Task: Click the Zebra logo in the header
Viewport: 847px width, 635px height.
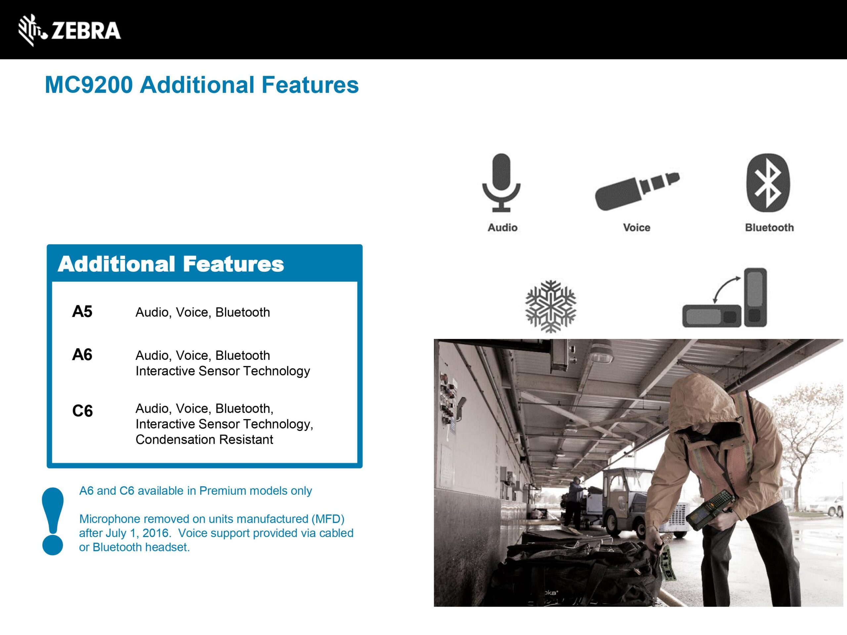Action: [x=70, y=30]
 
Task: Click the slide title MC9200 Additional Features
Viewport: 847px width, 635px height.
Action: [x=202, y=85]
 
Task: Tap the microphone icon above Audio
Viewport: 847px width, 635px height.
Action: [x=501, y=183]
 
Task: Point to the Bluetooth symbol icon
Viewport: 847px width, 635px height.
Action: [x=769, y=183]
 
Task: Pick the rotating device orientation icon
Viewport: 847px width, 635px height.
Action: [x=725, y=298]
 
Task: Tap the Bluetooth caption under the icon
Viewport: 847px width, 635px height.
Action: [x=769, y=228]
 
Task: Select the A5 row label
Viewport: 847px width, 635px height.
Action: [x=82, y=312]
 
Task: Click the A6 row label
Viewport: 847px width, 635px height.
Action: [x=82, y=355]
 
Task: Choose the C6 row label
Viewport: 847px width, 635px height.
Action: [x=82, y=411]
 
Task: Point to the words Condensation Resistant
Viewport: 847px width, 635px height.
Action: [x=204, y=440]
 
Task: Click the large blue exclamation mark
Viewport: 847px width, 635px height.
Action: [x=53, y=521]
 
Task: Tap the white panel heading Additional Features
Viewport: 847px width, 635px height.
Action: [x=171, y=264]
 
